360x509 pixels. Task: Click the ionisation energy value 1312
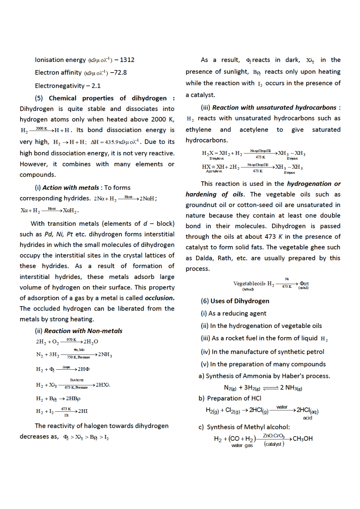tap(127, 60)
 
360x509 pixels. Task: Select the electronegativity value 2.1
tap(96, 86)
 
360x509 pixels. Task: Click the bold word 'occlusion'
tap(159, 298)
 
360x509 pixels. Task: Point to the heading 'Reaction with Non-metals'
tap(83, 331)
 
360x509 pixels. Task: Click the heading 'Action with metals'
tap(70, 188)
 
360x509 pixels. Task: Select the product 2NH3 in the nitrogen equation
tap(105, 354)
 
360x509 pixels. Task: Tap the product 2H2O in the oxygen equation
tap(91, 342)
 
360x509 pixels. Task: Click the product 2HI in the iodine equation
tap(83, 411)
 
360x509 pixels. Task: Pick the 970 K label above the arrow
tap(71, 340)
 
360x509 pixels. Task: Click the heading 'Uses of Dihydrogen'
tap(240, 301)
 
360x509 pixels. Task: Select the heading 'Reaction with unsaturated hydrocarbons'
tap(274, 108)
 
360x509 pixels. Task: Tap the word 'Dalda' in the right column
tap(204, 258)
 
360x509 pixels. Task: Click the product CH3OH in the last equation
tap(303, 439)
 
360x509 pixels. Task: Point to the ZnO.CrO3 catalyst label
tap(274, 436)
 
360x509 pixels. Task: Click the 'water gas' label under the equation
tap(242, 446)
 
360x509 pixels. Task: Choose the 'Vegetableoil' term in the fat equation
tap(249, 284)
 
